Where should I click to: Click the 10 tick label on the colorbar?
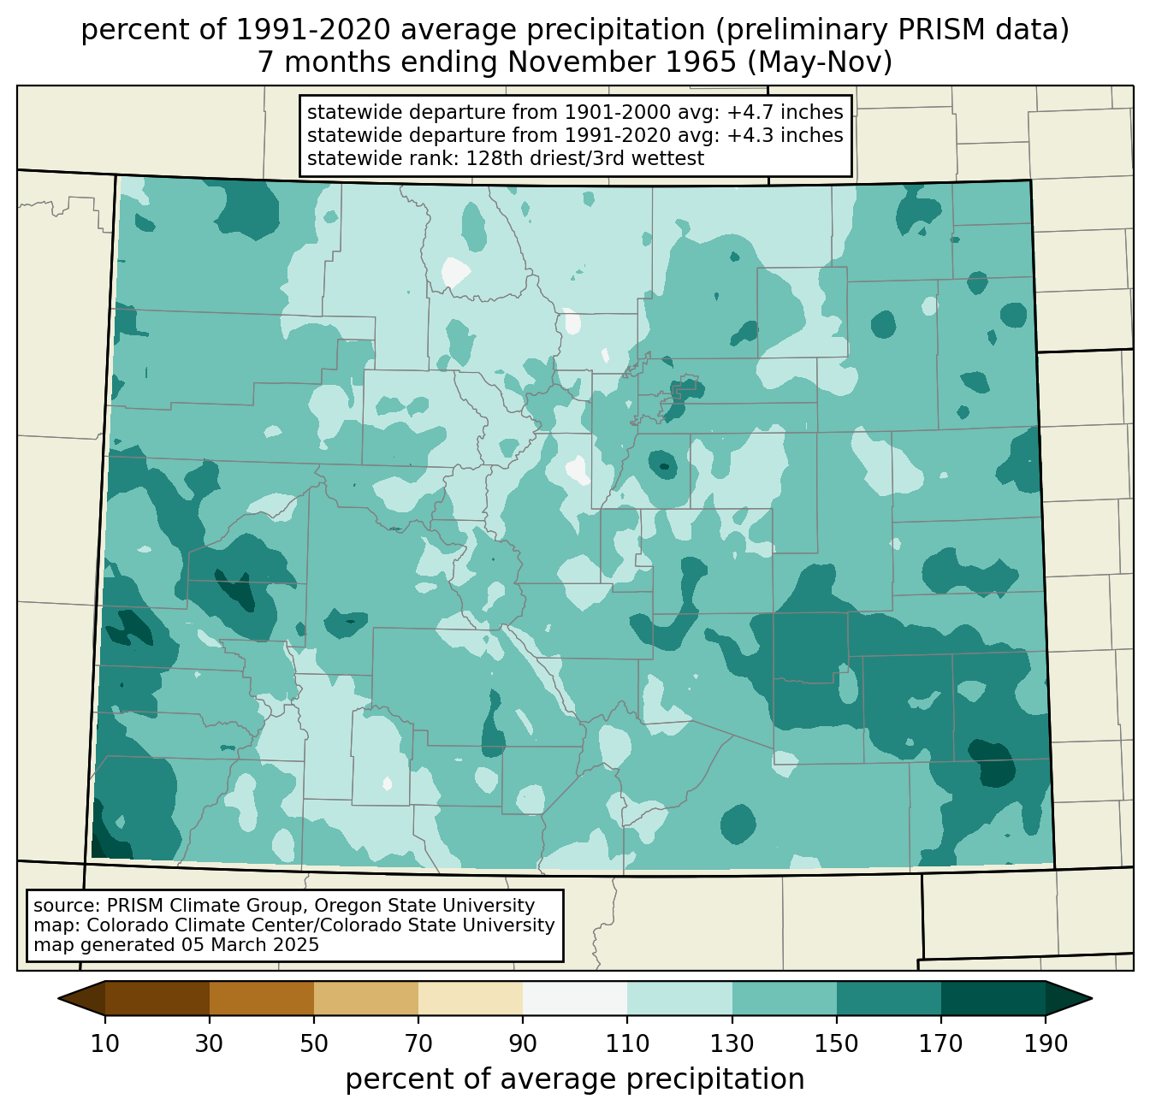[104, 1043]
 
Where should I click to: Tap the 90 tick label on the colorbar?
[523, 1043]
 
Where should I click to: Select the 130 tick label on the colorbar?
[732, 1043]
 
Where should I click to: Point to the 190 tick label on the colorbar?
[1046, 1043]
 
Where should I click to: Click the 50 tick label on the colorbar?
[314, 1043]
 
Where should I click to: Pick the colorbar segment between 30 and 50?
[262, 998]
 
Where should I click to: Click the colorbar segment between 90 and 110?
[575, 998]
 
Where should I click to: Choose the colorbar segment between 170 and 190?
[993, 998]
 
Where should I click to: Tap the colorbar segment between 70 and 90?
[471, 998]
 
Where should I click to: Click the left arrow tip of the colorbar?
[58, 998]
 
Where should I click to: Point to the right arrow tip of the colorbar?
[1092, 998]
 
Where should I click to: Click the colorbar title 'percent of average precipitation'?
[574, 1079]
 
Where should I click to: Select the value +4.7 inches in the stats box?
[785, 112]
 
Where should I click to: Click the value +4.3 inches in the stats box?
[785, 134]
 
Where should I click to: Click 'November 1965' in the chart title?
[622, 62]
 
